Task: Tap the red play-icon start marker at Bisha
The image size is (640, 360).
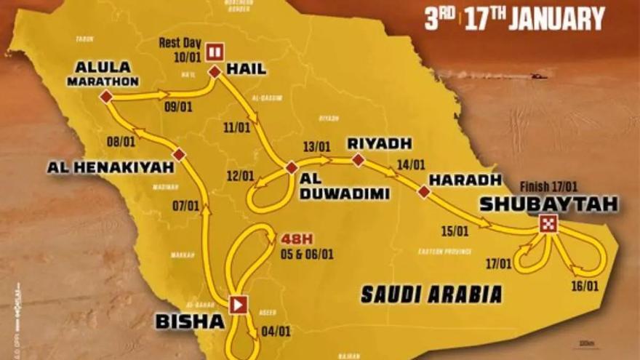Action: (238, 304)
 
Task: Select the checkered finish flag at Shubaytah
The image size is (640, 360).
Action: (548, 224)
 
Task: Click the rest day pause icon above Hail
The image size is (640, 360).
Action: (215, 51)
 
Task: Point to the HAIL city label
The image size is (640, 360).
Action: (247, 69)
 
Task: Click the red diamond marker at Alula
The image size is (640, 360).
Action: (106, 96)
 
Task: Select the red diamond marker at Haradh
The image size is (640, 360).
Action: (424, 192)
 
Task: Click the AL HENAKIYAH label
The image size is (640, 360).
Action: (111, 167)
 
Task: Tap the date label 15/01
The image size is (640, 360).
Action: (455, 232)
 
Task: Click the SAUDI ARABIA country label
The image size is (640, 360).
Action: (432, 294)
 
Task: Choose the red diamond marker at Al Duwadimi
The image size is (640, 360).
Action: (292, 168)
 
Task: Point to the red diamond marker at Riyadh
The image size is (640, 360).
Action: (358, 159)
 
